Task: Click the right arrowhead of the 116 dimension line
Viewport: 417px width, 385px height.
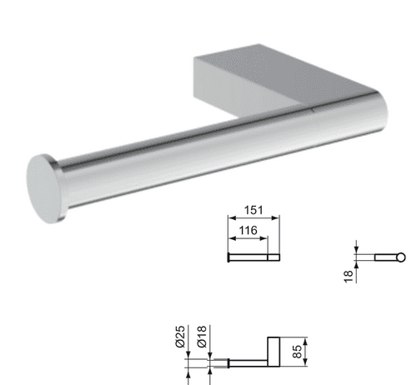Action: click(266, 240)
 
